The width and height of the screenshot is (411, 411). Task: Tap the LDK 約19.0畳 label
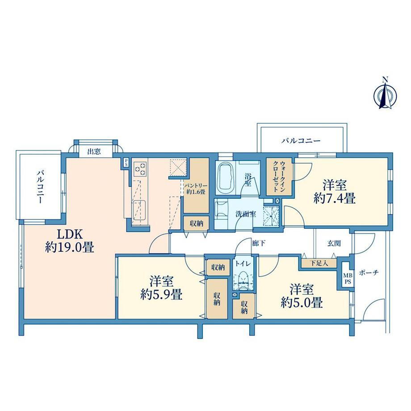click(x=69, y=240)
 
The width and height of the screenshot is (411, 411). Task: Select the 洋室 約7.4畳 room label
click(x=335, y=192)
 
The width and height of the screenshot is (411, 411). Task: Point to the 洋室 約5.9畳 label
click(x=161, y=288)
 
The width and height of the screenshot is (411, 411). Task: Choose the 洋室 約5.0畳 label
click(x=302, y=296)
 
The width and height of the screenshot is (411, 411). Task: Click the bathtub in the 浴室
click(x=226, y=177)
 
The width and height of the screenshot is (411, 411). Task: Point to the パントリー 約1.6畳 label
click(x=196, y=189)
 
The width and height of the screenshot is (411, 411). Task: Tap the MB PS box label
click(x=348, y=278)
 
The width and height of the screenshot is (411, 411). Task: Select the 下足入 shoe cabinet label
click(x=319, y=263)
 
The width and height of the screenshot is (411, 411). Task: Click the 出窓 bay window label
click(x=94, y=151)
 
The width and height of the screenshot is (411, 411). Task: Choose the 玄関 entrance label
click(x=334, y=243)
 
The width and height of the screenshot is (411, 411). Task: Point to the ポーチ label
click(x=369, y=273)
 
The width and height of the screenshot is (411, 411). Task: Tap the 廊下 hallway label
click(x=259, y=243)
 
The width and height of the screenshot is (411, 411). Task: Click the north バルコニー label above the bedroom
click(x=301, y=141)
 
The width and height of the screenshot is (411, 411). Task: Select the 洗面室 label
click(x=246, y=214)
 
